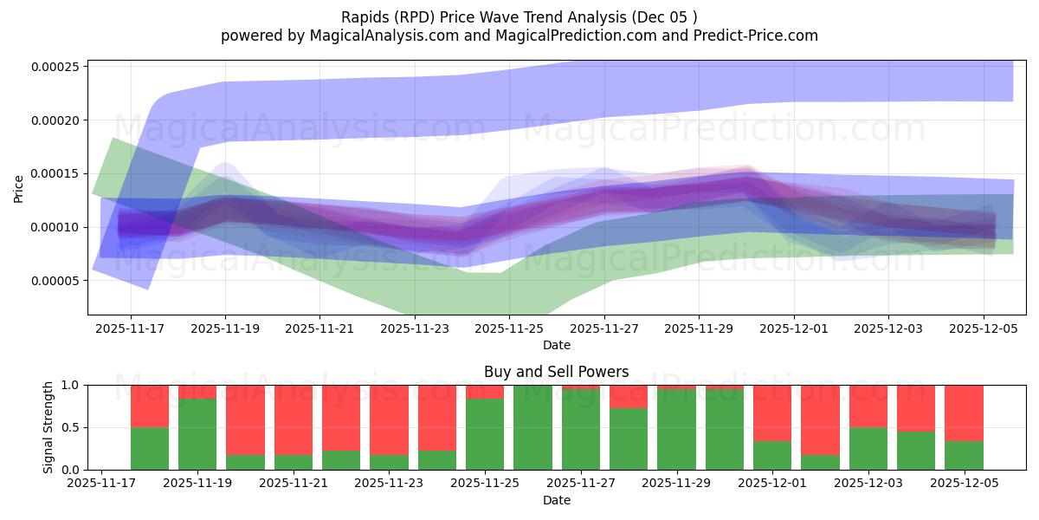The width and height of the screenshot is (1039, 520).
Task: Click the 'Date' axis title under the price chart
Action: [x=556, y=345]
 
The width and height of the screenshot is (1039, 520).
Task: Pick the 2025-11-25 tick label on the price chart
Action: [x=509, y=328]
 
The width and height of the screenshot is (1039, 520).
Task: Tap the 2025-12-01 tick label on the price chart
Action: [x=793, y=328]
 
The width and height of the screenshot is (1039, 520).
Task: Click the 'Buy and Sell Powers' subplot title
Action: [x=556, y=372]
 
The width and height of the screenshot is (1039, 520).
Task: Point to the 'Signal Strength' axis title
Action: [x=48, y=427]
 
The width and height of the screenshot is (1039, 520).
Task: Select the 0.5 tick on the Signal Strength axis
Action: [x=71, y=427]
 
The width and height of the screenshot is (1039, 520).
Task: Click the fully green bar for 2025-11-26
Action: [x=532, y=427]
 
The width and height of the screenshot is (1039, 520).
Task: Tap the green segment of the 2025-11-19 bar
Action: [x=197, y=434]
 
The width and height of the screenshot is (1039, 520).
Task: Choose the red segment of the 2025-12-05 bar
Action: [x=964, y=413]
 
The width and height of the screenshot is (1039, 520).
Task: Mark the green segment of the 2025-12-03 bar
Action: [x=868, y=448]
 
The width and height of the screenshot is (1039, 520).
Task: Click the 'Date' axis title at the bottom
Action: [x=556, y=500]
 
